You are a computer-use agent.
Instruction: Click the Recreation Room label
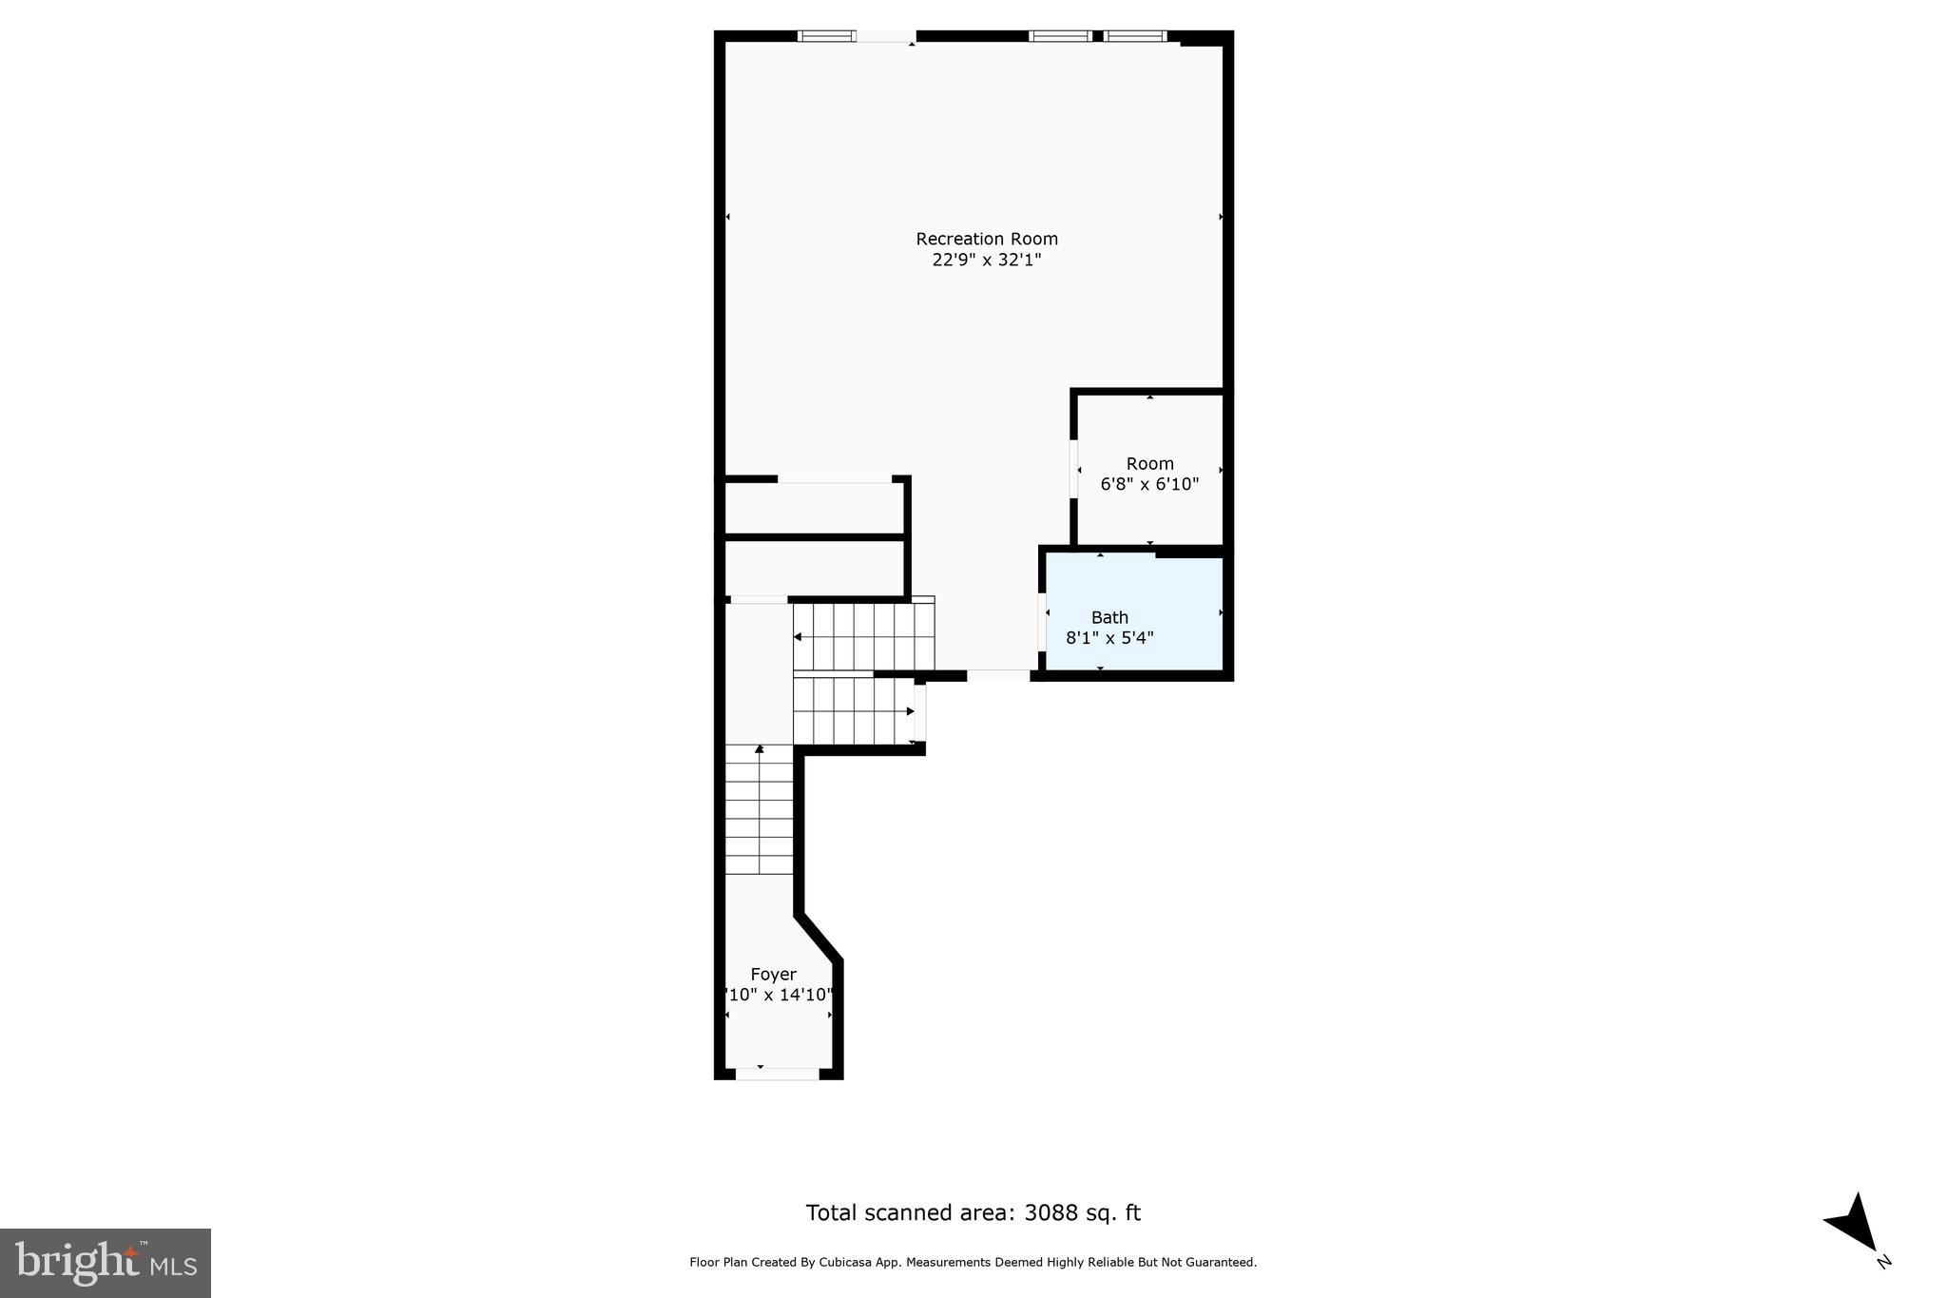[x=986, y=239]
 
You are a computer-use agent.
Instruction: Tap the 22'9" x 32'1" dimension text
[x=986, y=260]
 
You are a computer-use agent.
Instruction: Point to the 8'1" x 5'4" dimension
[x=1109, y=638]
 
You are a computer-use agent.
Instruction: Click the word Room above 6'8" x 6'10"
[x=1149, y=464]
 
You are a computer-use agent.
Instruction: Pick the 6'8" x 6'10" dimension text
[x=1149, y=484]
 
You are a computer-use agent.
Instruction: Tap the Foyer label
[x=773, y=975]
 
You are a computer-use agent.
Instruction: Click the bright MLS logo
[x=106, y=1263]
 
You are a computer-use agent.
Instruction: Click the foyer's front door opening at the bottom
[x=778, y=1074]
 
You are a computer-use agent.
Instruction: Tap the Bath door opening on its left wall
[x=1042, y=622]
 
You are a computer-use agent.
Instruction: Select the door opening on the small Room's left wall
[x=1074, y=468]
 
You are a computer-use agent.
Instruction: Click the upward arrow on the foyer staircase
[x=759, y=750]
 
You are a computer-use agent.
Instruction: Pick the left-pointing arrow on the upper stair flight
[x=798, y=636]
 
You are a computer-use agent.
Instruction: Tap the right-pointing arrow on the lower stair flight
[x=910, y=711]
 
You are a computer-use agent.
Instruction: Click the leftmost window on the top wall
[x=825, y=36]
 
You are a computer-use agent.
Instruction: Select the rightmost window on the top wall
[x=1134, y=36]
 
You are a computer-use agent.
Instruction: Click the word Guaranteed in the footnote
[x=1223, y=1263]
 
